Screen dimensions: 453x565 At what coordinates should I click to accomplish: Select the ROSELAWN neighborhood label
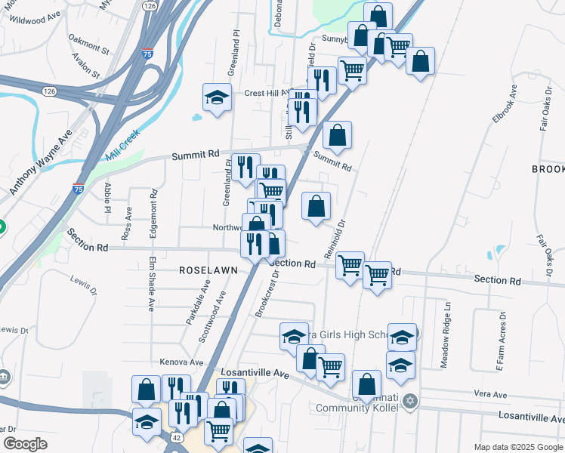(208, 270)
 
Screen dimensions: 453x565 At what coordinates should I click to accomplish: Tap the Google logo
(25, 444)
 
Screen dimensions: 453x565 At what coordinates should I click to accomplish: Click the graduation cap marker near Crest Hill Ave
(217, 97)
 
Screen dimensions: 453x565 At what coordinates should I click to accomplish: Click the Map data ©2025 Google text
(517, 447)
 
